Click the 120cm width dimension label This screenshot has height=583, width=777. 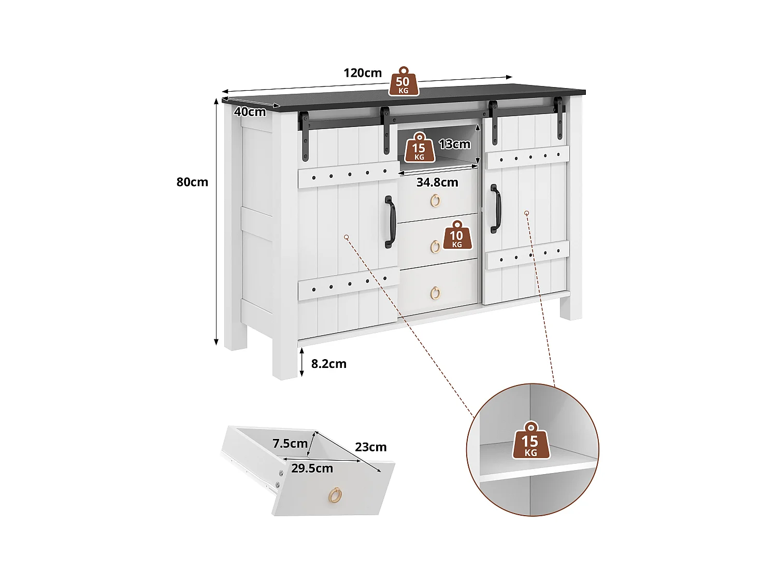click(362, 73)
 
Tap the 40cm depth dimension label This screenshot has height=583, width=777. click(250, 111)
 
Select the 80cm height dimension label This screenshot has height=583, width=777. click(192, 182)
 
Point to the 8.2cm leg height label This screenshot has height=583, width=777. click(328, 364)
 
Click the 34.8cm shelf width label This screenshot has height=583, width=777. click(437, 182)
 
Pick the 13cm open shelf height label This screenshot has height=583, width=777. click(454, 144)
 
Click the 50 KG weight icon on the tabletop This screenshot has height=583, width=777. click(403, 82)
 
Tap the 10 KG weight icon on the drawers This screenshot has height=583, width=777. click(456, 235)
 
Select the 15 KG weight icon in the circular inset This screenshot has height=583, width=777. click(530, 441)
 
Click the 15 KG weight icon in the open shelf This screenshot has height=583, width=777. click(419, 148)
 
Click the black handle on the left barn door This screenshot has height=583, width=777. click(390, 222)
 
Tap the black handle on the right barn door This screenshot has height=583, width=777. click(496, 209)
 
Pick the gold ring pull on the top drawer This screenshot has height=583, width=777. click(435, 201)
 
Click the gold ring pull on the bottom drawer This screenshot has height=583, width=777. click(435, 293)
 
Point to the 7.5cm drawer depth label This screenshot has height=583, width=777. click(290, 444)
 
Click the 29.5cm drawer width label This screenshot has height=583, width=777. click(312, 468)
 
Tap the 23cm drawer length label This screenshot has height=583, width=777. click(370, 447)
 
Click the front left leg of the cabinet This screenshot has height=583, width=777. click(285, 358)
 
